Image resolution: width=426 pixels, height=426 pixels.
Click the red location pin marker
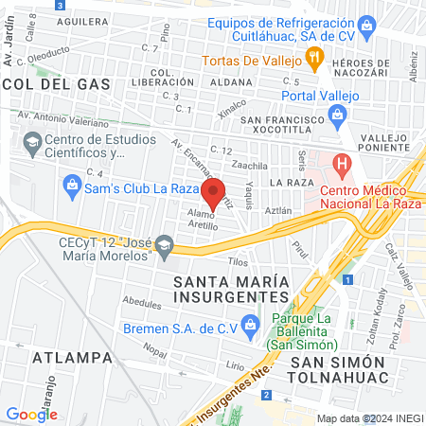[x=213, y=190]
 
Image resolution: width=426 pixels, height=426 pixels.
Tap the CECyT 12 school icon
[x=165, y=248]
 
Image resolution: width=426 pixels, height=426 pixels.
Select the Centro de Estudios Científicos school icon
[x=33, y=144]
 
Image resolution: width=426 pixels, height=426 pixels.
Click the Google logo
[x=32, y=414]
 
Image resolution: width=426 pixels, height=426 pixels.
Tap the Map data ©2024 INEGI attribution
[x=369, y=418]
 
